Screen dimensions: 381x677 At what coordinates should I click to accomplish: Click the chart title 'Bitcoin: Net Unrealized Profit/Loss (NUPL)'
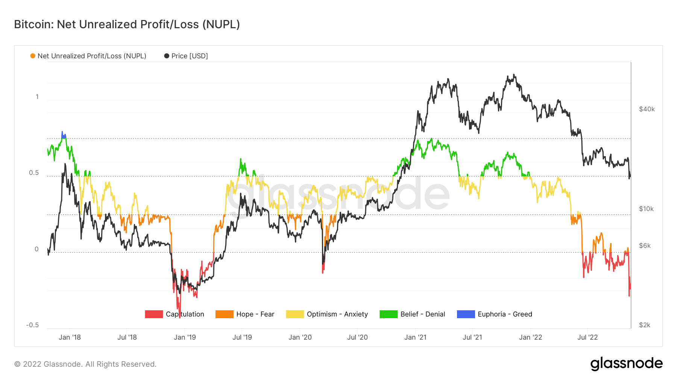point(127,24)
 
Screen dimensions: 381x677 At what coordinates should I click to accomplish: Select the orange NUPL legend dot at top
point(33,56)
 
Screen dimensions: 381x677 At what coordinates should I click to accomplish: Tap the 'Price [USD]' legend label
point(190,56)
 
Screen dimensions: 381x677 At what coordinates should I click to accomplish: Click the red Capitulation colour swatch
point(154,314)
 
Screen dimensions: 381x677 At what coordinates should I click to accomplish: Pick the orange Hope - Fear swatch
point(224,314)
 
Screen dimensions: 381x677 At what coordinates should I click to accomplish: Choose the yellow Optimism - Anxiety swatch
point(294,314)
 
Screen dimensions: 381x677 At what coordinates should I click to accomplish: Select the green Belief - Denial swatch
point(389,314)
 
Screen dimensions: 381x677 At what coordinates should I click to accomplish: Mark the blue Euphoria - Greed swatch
point(466,314)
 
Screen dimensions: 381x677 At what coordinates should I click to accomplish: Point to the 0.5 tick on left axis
point(34,173)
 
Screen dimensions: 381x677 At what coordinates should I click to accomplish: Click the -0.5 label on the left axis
point(32,325)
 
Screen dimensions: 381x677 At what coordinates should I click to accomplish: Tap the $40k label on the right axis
point(647,109)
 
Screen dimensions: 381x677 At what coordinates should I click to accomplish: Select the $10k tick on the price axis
point(647,209)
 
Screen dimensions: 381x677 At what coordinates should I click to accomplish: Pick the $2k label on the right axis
point(645,325)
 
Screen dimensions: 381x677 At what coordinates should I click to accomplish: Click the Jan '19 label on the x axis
point(185,337)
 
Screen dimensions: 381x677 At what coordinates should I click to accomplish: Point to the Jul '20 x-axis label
point(357,337)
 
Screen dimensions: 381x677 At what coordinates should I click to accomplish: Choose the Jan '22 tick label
point(530,337)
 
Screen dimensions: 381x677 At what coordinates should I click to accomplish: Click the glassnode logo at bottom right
point(626,364)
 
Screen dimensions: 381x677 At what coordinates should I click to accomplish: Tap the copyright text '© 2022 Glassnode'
point(85,364)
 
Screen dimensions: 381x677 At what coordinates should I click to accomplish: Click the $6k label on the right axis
point(645,246)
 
